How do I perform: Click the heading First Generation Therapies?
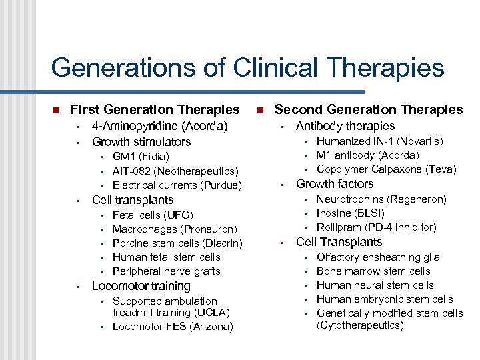155,109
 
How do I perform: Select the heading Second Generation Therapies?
369,109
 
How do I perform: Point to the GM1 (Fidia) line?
141,157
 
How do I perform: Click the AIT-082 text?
133,171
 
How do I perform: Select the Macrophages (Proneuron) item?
175,229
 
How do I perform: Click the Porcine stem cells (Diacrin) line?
177,243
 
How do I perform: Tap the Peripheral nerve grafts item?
166,271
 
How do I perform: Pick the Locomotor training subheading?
141,286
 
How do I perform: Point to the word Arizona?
209,327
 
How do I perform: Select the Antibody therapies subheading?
345,126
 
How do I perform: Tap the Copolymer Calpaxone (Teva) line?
386,169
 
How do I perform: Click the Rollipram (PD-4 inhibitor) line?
376,227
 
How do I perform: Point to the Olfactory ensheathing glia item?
378,257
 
